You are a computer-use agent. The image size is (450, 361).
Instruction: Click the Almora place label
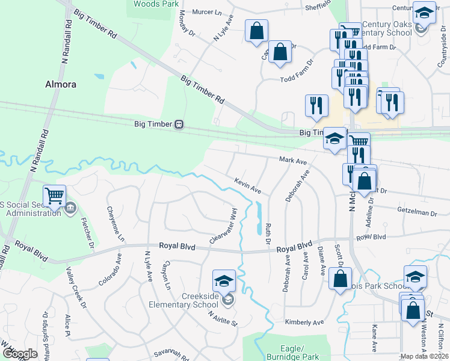coord(61,85)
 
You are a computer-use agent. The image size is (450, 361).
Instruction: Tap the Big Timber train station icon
coord(179,125)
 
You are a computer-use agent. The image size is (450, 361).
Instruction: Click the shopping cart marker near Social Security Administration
coord(55,196)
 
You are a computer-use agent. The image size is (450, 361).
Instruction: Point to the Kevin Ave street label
coord(247,185)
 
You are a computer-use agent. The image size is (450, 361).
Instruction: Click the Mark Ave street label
coord(293,161)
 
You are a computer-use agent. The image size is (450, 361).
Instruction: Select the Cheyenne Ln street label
coord(116,224)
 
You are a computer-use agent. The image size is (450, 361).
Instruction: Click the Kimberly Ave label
coord(301,322)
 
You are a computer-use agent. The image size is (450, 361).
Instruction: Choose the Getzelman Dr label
coord(417,212)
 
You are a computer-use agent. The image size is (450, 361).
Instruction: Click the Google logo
coord(20,354)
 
